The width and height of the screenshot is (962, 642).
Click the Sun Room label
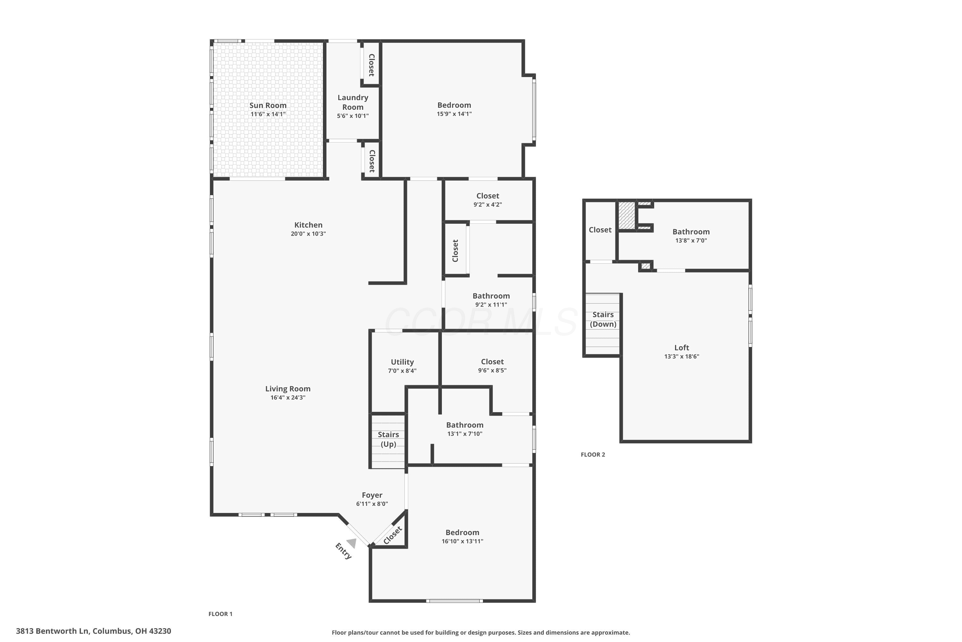click(x=268, y=105)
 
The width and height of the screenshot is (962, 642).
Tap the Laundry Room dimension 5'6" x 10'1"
click(x=352, y=116)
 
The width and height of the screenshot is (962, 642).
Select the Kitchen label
click(x=308, y=225)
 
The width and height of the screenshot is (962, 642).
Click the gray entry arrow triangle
click(x=352, y=543)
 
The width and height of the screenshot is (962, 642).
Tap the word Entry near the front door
click(x=343, y=551)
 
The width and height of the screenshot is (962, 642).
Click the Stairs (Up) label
click(x=388, y=439)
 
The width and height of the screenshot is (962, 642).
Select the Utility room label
click(x=402, y=362)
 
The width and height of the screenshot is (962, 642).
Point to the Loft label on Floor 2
click(x=682, y=348)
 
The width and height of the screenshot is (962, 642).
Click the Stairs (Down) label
click(x=603, y=319)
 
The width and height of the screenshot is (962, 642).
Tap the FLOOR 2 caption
click(x=593, y=455)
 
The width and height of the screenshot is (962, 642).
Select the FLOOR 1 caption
click(x=221, y=614)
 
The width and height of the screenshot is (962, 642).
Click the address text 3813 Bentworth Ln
click(x=52, y=631)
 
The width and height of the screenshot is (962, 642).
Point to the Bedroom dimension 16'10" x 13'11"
click(x=463, y=541)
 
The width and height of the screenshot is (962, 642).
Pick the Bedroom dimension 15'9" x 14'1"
click(x=454, y=114)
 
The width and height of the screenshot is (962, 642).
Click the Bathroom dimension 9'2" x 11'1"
click(x=491, y=305)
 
